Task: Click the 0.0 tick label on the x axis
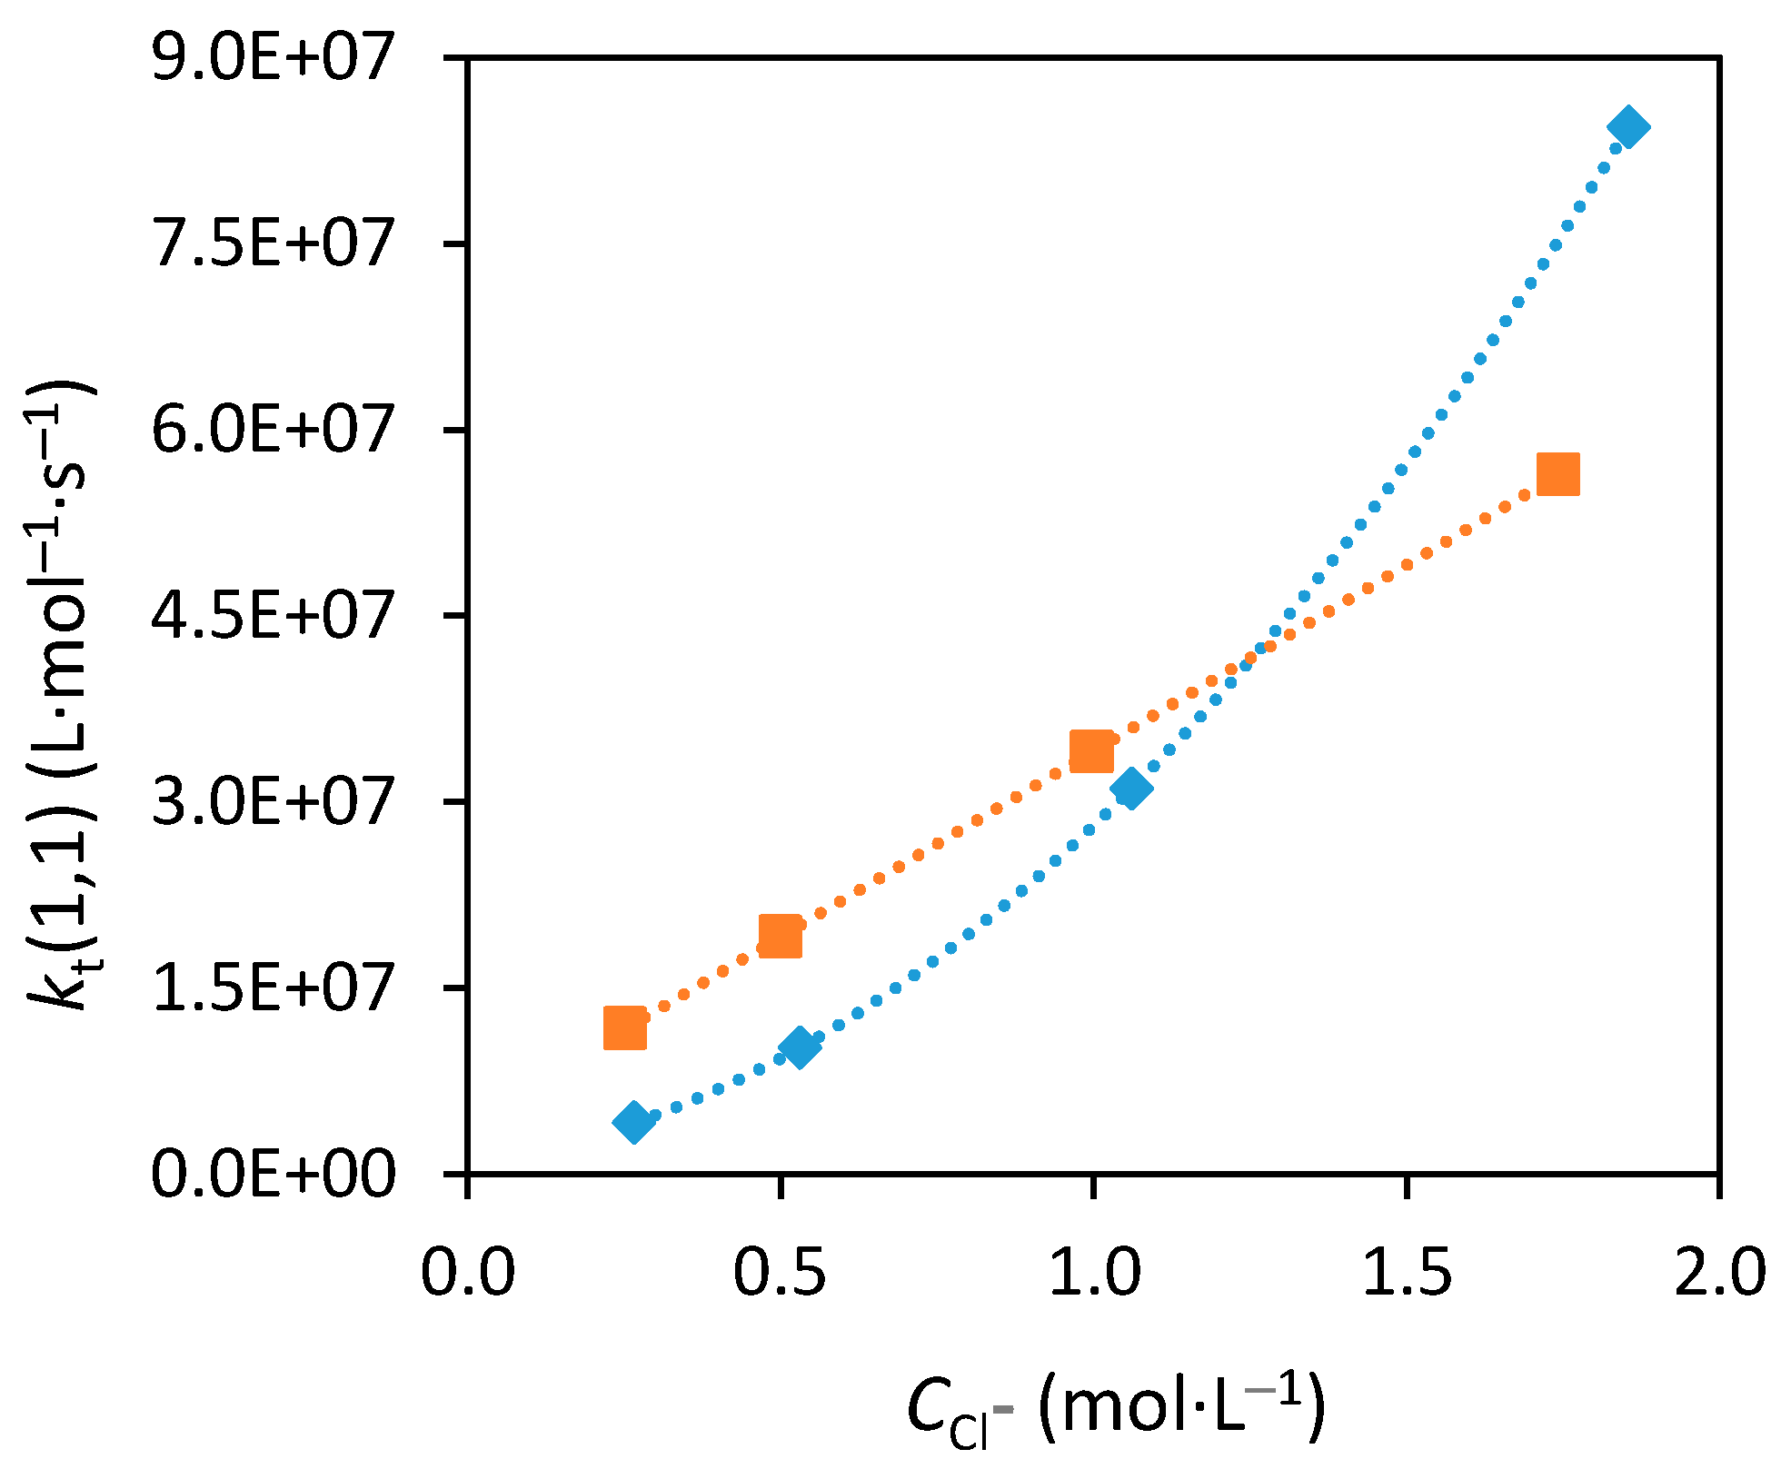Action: click(467, 1272)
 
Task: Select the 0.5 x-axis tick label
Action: click(780, 1272)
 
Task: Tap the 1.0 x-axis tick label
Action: click(1093, 1272)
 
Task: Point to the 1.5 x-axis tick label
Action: click(1406, 1272)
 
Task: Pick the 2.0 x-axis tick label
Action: click(1718, 1272)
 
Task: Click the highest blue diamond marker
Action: click(1628, 127)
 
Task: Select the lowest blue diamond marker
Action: click(634, 1122)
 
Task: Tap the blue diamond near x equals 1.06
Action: click(1131, 788)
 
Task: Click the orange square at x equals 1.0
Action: click(1091, 751)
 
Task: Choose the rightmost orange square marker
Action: click(1557, 474)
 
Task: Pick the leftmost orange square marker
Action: click(625, 1028)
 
